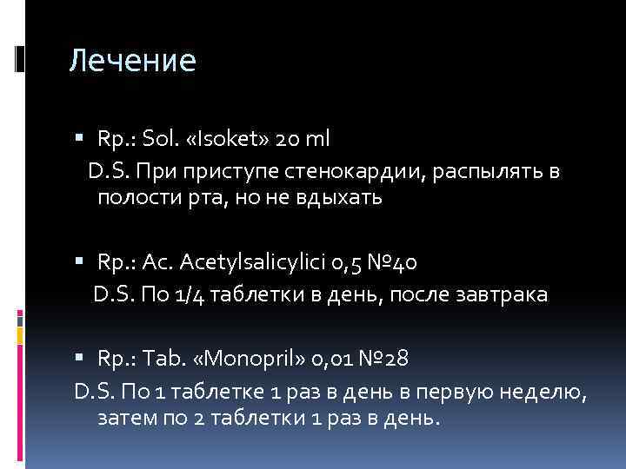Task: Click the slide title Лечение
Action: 133,61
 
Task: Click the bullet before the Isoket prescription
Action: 80,137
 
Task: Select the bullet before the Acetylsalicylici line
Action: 80,260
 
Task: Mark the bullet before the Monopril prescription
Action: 80,355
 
